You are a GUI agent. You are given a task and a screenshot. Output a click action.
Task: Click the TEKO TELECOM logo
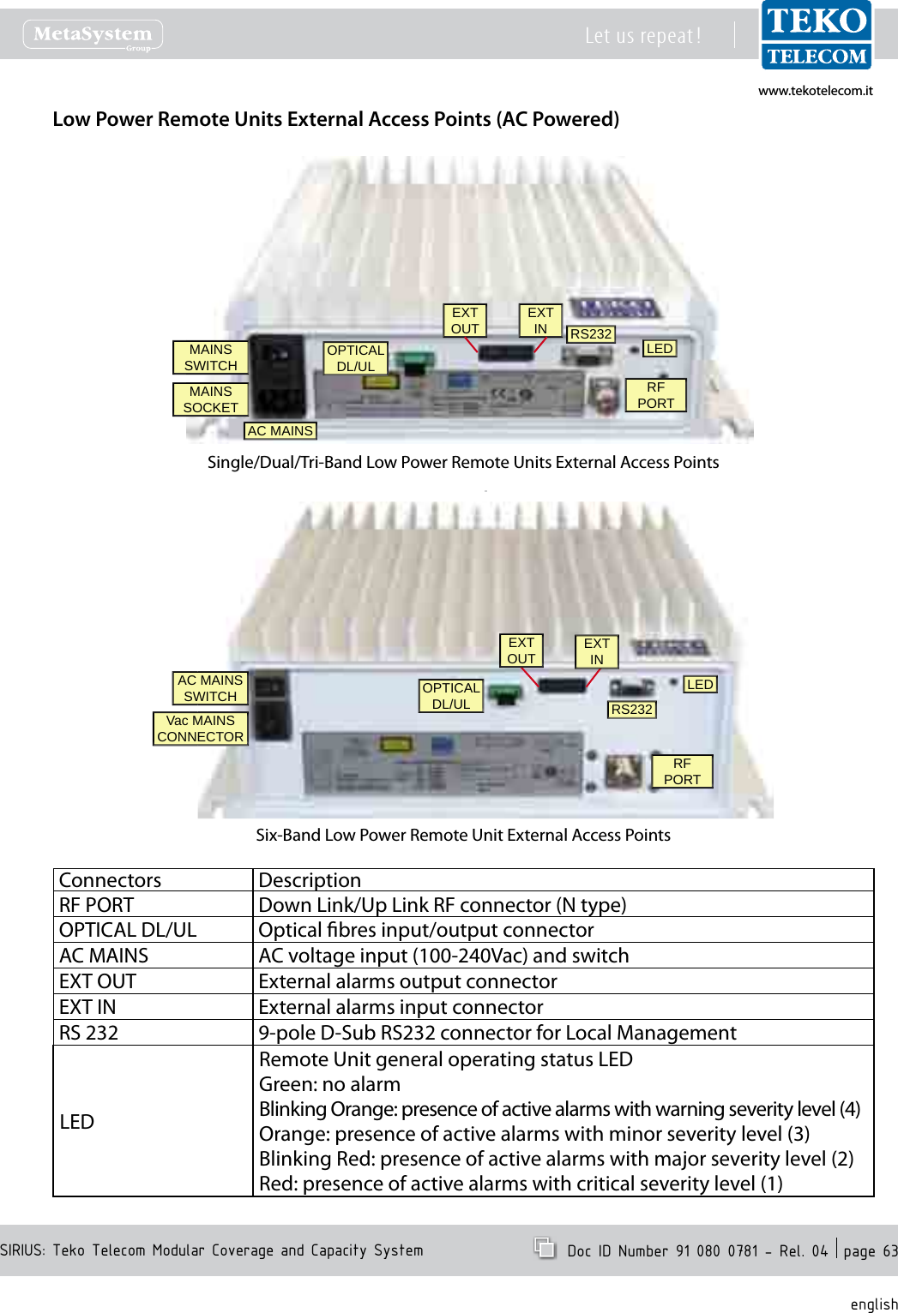[816, 35]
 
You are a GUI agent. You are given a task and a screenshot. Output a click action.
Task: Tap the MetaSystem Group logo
[93, 35]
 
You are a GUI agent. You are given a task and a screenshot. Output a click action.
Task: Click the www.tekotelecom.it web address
[815, 91]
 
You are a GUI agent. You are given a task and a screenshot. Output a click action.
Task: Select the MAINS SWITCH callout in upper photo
[210, 357]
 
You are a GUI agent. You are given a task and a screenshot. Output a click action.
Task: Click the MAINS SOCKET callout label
[210, 399]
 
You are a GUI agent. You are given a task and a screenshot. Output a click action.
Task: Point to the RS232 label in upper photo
[591, 334]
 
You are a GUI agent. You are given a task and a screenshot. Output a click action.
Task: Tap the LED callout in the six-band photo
[700, 685]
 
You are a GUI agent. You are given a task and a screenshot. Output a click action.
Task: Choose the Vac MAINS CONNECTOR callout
[200, 728]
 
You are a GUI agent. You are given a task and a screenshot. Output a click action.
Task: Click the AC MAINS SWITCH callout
[210, 688]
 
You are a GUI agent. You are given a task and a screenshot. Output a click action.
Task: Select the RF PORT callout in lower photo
[682, 771]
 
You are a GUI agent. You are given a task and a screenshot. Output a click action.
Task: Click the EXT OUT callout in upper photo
[465, 321]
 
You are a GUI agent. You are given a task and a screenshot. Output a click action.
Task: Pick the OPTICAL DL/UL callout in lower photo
[451, 696]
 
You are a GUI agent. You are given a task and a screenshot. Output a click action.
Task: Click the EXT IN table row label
[87, 1007]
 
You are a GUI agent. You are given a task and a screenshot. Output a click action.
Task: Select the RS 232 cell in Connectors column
[88, 1033]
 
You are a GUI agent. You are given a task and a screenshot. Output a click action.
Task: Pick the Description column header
[310, 880]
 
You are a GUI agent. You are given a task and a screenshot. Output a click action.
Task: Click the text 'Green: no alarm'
[329, 1084]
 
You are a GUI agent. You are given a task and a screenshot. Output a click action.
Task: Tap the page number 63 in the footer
[889, 1251]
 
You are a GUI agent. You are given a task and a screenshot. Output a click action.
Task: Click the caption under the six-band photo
[463, 835]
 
